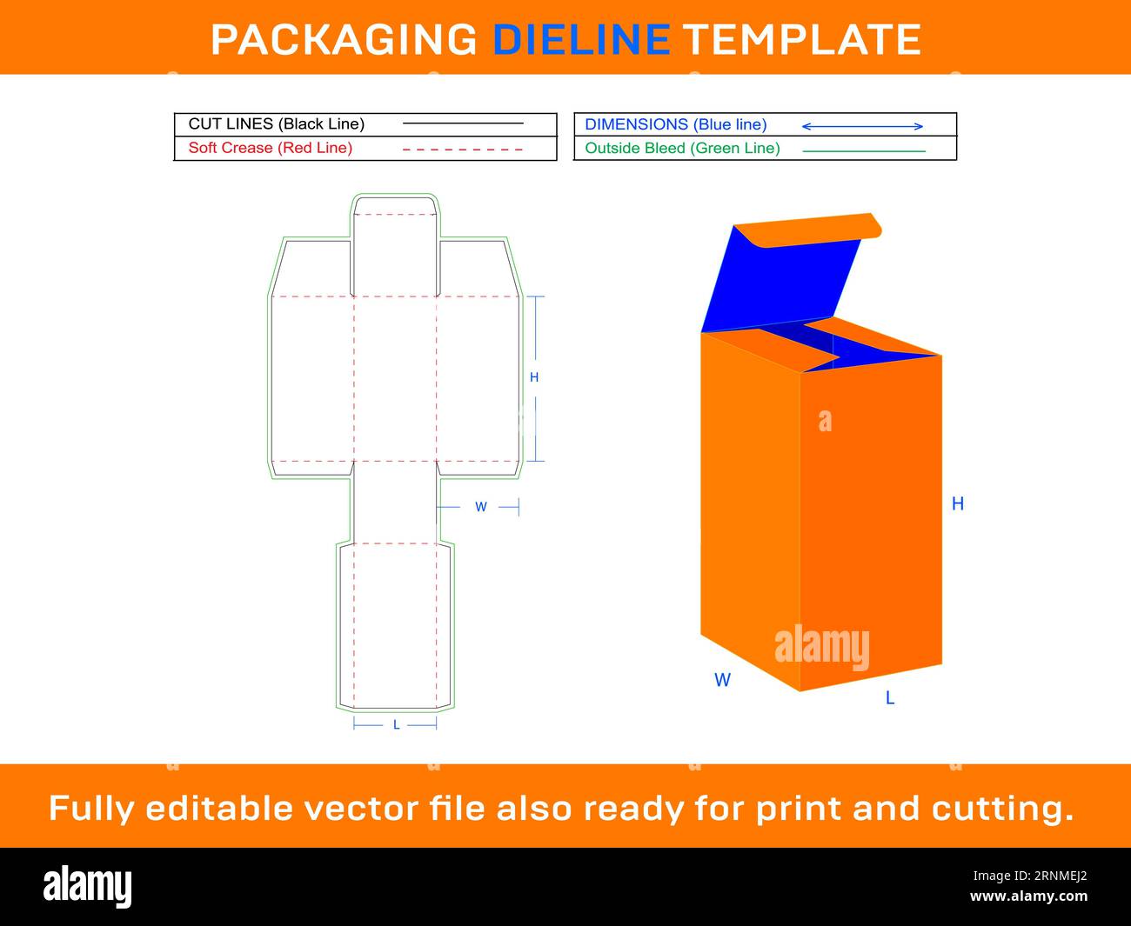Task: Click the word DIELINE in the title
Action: [581, 39]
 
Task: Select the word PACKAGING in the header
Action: [344, 39]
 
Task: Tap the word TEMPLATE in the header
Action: [801, 39]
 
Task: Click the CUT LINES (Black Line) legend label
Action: [277, 124]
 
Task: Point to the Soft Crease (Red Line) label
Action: [271, 148]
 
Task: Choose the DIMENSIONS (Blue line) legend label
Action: [676, 124]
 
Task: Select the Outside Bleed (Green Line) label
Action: [682, 149]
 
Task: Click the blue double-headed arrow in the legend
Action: [862, 126]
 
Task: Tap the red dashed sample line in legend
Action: [463, 150]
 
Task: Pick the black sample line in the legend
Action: [463, 124]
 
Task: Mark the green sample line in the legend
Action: [863, 151]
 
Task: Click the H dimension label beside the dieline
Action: [534, 377]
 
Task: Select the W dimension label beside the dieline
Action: [480, 507]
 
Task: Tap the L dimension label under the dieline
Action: [396, 724]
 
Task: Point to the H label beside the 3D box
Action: [958, 504]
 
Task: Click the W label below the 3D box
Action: [722, 680]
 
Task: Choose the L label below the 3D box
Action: [890, 698]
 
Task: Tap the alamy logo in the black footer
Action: [88, 886]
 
